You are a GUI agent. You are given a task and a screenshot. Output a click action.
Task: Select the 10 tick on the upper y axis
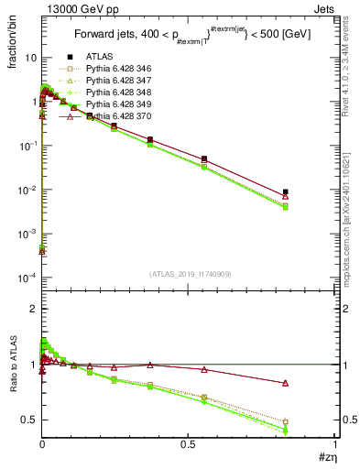point(30,58)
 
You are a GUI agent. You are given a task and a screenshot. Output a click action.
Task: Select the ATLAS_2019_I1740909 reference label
point(189,274)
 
